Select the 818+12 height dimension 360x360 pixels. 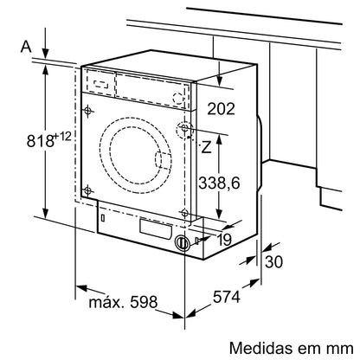click(26, 138)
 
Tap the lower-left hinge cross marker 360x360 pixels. click(87, 190)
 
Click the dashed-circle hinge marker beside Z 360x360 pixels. click(184, 130)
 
